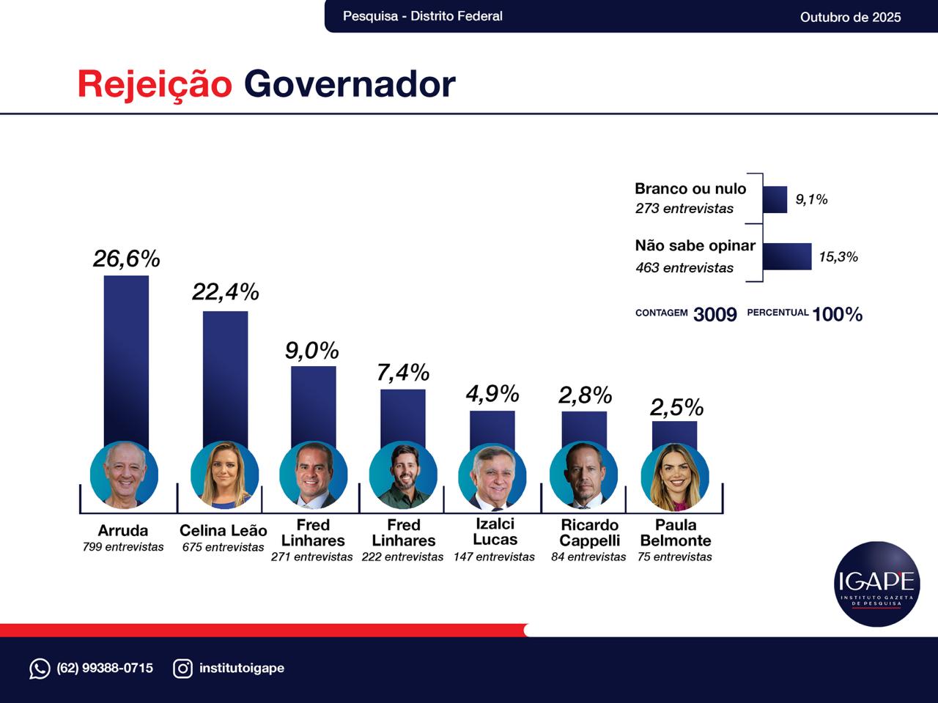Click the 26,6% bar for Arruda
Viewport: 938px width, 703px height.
click(126, 359)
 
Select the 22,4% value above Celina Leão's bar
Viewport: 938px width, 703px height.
click(226, 291)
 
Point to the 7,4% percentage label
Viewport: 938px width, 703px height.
click(403, 373)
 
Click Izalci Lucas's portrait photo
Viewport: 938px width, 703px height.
click(492, 477)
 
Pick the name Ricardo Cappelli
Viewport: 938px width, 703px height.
click(590, 533)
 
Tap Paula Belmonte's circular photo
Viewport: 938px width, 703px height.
click(675, 477)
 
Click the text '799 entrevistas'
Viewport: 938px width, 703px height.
click(123, 547)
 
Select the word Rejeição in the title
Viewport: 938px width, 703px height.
click(155, 84)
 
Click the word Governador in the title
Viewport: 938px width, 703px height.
click(350, 84)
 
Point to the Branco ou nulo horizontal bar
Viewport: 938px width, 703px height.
click(775, 199)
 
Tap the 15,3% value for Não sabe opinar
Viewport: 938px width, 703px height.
click(838, 257)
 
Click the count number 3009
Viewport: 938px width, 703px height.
click(715, 314)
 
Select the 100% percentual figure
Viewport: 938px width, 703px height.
click(838, 314)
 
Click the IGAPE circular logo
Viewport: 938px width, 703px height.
click(877, 584)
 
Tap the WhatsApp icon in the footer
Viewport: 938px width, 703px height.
click(40, 668)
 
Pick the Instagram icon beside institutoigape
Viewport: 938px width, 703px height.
click(182, 668)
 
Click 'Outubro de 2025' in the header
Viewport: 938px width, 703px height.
click(850, 17)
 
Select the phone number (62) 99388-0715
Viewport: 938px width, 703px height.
click(105, 668)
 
